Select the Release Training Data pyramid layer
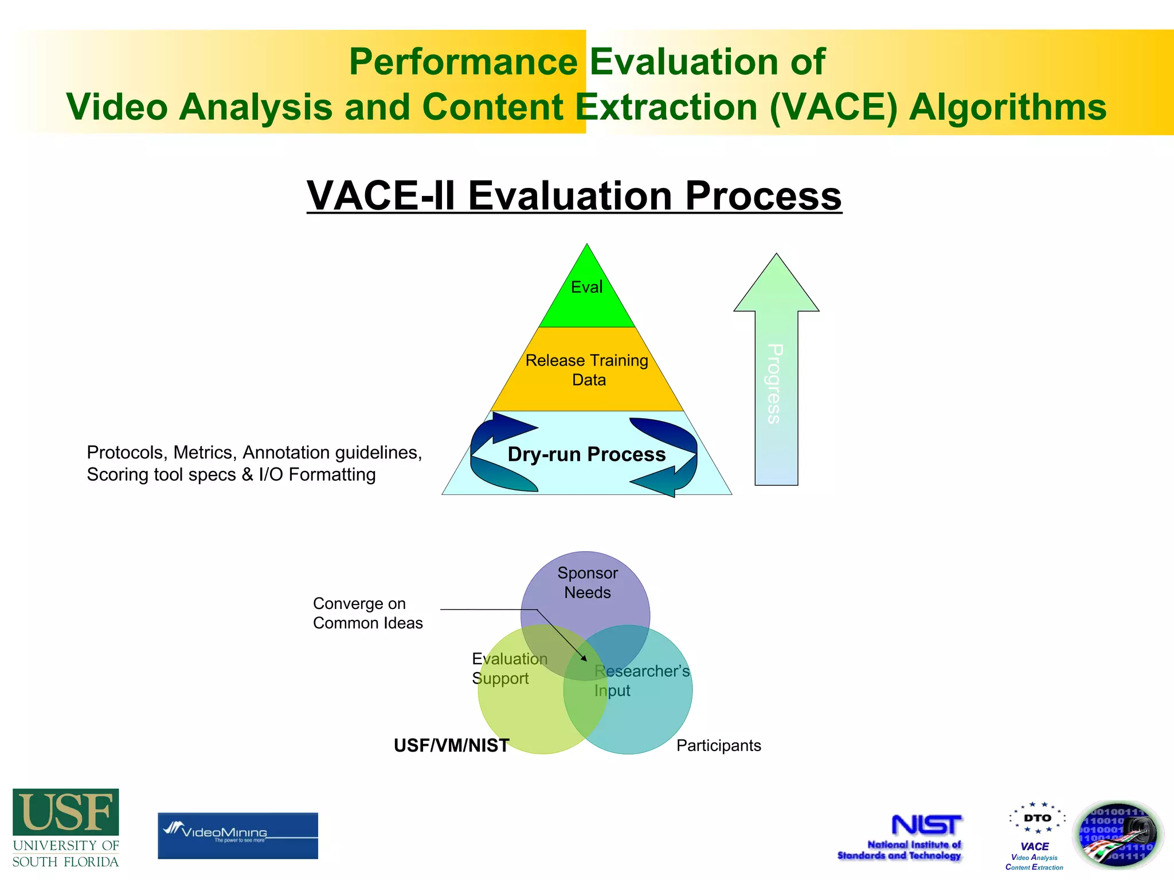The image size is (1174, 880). tap(587, 370)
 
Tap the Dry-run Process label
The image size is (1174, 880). tap(586, 454)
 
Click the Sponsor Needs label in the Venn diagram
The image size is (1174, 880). tap(588, 583)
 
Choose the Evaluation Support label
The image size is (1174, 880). tap(509, 669)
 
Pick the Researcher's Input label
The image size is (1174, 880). tap(641, 681)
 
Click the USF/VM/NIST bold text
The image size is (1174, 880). tap(451, 745)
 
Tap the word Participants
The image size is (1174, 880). tap(718, 745)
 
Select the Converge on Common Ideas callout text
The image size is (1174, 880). tap(367, 613)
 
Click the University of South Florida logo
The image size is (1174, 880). tap(66, 828)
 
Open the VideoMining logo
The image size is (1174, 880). tap(237, 835)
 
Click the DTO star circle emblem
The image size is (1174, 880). tap(1038, 818)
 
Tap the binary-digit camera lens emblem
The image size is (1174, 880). tap(1117, 835)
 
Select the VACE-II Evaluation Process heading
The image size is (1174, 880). tap(574, 196)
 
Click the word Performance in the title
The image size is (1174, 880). tap(463, 62)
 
